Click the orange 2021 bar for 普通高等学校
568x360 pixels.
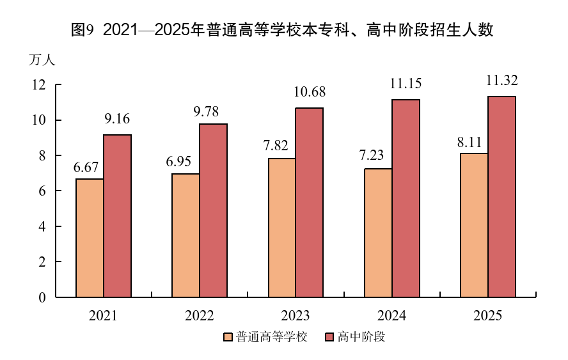90,238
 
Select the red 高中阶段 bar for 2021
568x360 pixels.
117,216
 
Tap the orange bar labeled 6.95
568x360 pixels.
185,235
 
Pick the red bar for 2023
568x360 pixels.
309,203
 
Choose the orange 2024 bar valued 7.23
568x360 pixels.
377,233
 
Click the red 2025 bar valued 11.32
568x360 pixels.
501,197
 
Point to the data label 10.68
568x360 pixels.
309,93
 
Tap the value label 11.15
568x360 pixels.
406,84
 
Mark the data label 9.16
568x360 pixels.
117,119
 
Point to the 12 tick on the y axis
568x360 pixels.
38,85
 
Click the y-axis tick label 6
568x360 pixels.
42,191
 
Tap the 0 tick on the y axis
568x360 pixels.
42,297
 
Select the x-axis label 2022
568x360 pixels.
199,316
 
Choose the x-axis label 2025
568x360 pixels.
487,316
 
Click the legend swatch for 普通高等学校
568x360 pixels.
227,337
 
